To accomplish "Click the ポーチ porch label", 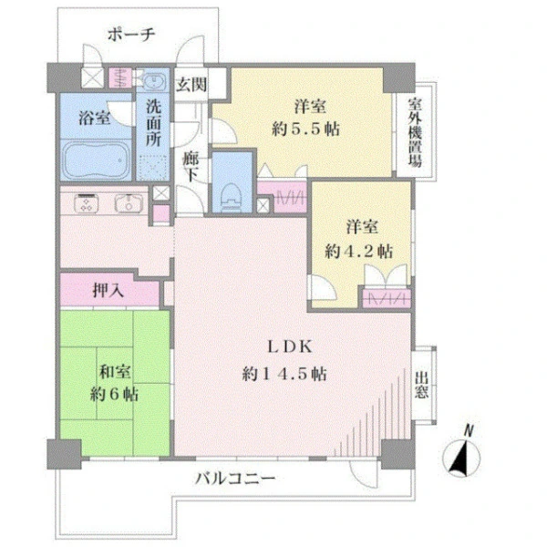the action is click(131, 35).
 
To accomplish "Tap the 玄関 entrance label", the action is click(191, 85).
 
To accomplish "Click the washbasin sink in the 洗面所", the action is click(152, 82).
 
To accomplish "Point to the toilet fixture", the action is click(232, 197).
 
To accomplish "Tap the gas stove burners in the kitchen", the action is click(87, 203).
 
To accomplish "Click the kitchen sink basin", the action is click(129, 203).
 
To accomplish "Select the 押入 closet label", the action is click(108, 290).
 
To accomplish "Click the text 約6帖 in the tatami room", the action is click(114, 394).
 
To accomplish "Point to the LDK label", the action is click(290, 346).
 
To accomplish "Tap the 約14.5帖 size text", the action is click(284, 374).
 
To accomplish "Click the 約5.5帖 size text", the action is click(306, 129).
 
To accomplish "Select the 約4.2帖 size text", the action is click(359, 252).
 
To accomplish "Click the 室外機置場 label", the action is click(415, 132).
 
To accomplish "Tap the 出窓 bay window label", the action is click(421, 385).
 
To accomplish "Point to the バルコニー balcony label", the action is click(235, 479).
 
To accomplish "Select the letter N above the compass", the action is click(469, 431).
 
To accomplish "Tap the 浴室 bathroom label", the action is click(94, 118).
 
